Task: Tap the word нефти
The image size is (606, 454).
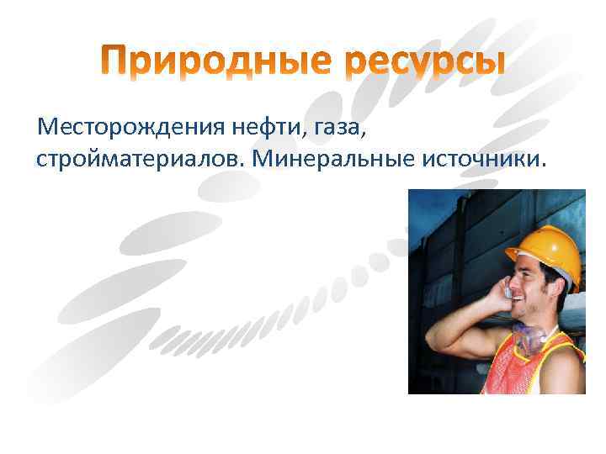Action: coord(268,128)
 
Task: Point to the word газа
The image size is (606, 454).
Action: coord(340,129)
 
